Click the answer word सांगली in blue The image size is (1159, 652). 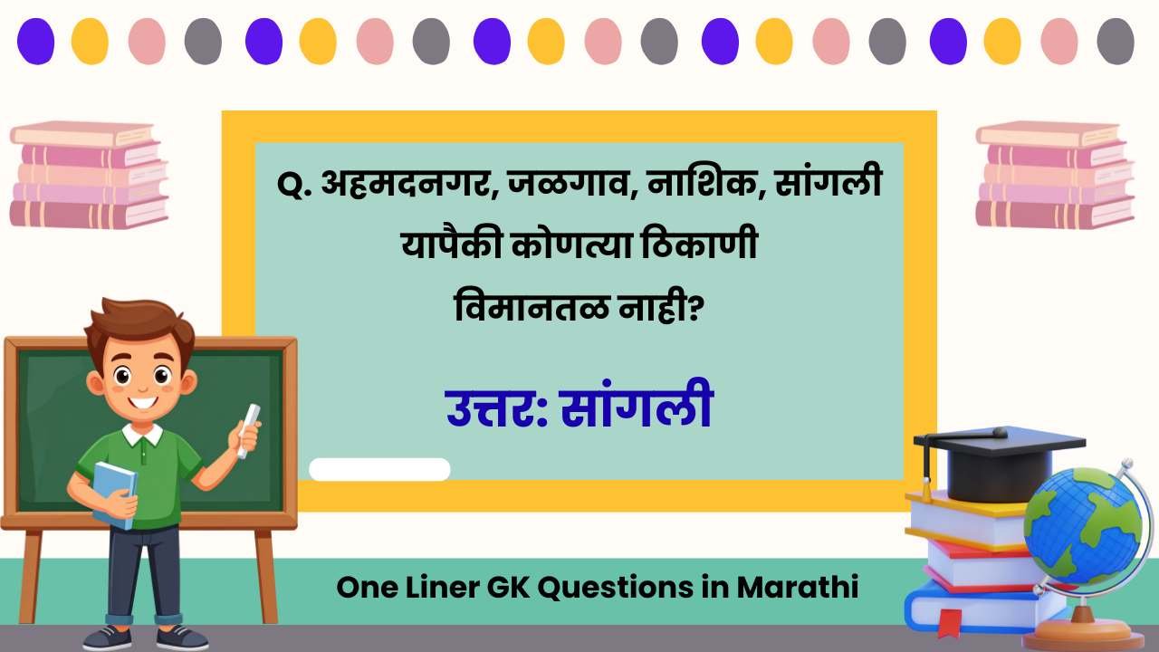click(637, 407)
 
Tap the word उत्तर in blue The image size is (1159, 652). click(494, 407)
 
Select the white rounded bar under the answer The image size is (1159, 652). click(379, 469)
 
